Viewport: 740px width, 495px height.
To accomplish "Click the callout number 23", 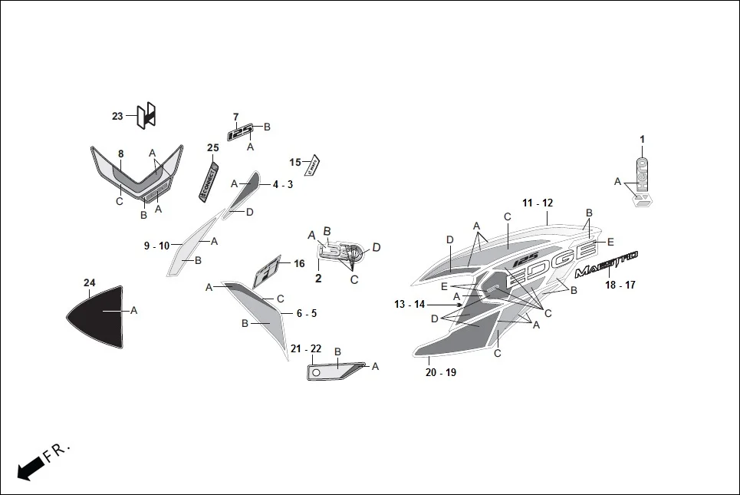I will (117, 117).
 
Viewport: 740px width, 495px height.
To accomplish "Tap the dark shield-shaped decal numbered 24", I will (95, 316).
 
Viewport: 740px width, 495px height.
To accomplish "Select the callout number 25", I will (212, 147).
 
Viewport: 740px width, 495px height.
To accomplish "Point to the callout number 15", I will (295, 162).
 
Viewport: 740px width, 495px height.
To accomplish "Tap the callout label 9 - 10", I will (156, 246).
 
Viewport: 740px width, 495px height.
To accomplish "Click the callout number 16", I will (299, 264).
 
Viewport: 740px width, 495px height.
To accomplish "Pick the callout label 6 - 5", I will (307, 313).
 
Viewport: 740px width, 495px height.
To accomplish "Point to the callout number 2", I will (318, 279).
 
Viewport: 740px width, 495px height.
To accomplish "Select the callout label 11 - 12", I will (538, 203).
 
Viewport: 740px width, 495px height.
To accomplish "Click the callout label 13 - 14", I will (409, 305).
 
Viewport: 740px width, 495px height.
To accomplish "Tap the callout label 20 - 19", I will (440, 372).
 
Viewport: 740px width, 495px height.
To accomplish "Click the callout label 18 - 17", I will (620, 285).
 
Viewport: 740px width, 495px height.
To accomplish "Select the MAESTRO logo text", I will (606, 263).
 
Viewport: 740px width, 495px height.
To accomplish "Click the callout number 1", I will (643, 139).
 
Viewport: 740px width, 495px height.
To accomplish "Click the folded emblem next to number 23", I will (146, 115).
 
